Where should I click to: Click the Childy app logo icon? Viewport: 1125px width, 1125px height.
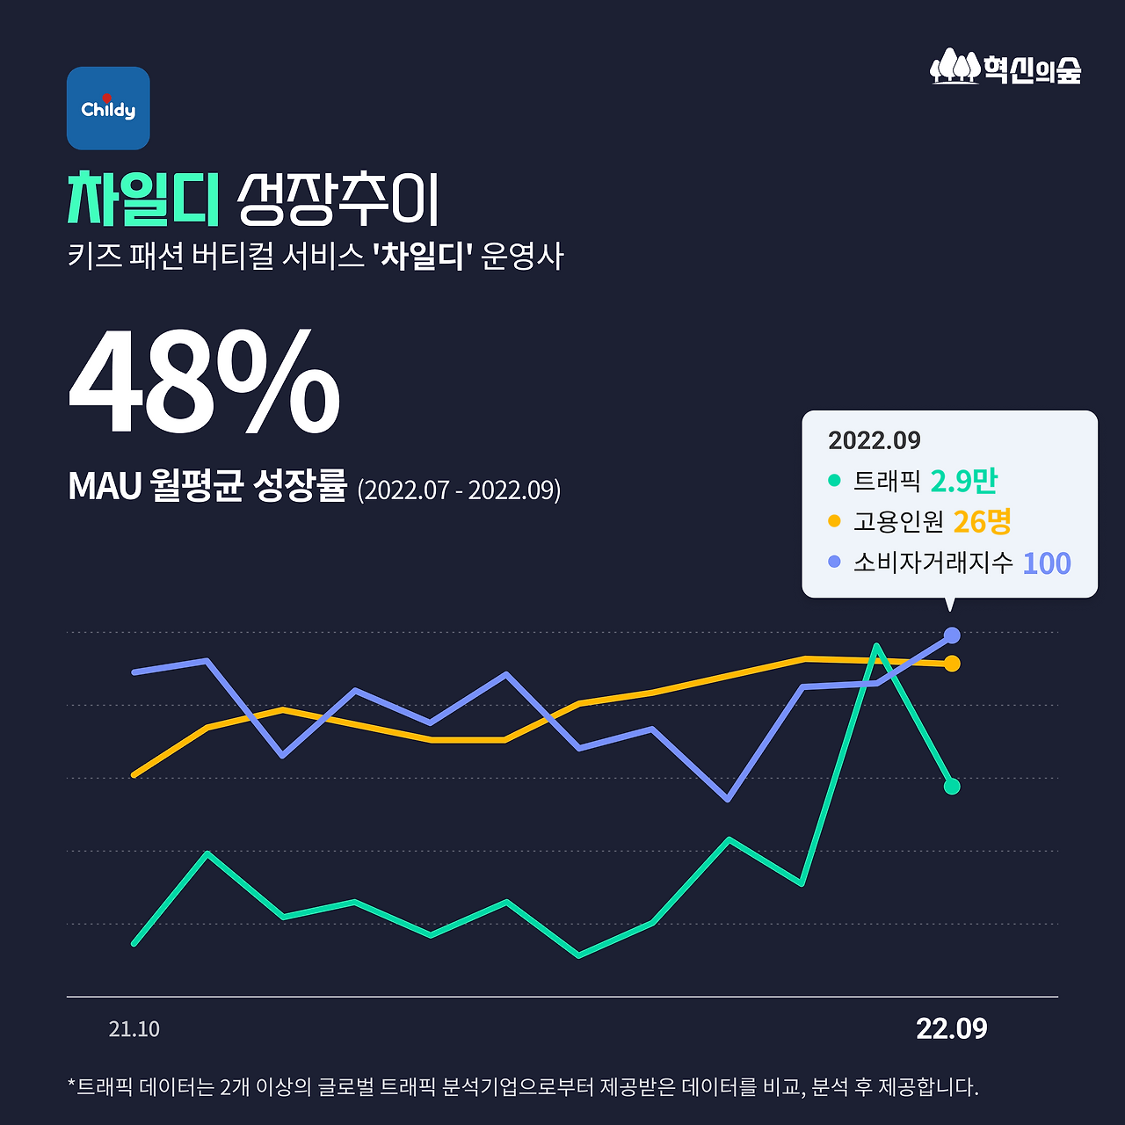click(x=108, y=108)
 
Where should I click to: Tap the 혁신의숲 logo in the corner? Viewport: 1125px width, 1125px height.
click(x=1005, y=67)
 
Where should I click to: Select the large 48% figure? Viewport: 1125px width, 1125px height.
click(x=204, y=383)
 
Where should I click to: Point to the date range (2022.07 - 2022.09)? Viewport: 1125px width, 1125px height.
click(x=459, y=490)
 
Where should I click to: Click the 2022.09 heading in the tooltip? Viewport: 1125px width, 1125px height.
click(x=874, y=440)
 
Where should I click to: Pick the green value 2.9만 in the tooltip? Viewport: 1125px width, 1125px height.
click(x=963, y=481)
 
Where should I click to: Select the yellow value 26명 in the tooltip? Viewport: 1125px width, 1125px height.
click(x=982, y=521)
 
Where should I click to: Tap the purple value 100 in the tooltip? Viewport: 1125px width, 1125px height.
click(x=1046, y=562)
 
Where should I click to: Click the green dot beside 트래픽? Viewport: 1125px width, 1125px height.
click(x=834, y=481)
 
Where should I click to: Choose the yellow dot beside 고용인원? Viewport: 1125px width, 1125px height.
click(x=834, y=521)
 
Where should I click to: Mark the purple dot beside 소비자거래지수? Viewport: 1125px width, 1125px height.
click(x=834, y=562)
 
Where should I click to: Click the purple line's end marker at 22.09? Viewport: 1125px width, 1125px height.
click(x=951, y=635)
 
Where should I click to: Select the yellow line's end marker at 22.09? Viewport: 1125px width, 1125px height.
click(x=951, y=664)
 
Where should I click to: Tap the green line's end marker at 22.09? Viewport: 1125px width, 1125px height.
click(x=951, y=786)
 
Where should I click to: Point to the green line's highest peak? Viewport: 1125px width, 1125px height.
click(x=876, y=646)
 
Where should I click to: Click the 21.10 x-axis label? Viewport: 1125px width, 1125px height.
click(x=134, y=1029)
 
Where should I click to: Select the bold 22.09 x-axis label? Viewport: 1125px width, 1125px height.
click(x=951, y=1028)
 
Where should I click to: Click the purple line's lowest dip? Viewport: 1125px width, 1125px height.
click(x=728, y=799)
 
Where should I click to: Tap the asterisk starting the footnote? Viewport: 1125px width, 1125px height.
click(x=71, y=1085)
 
